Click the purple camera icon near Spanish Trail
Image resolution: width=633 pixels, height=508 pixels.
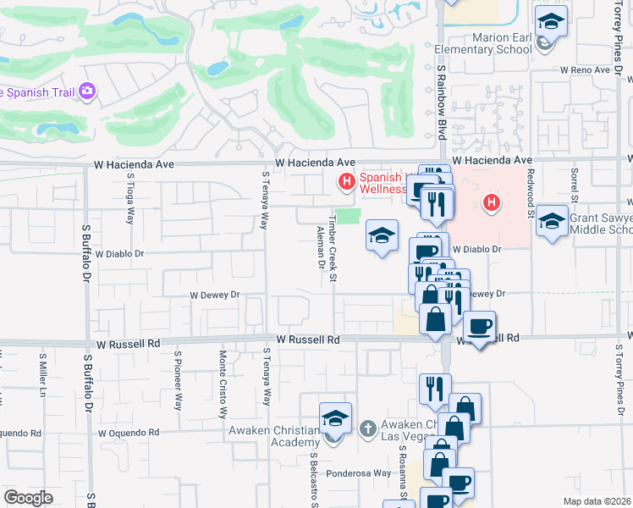[86, 91]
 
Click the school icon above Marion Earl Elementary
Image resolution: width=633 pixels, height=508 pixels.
[551, 21]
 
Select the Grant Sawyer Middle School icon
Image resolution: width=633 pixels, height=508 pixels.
[552, 222]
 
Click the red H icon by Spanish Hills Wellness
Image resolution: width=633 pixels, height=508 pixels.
[345, 180]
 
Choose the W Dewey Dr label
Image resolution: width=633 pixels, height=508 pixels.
[215, 295]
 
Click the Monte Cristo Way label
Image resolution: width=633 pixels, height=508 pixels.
[223, 384]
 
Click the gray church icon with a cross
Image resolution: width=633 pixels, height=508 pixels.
[367, 429]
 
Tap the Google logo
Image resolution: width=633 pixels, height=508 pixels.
[28, 498]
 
